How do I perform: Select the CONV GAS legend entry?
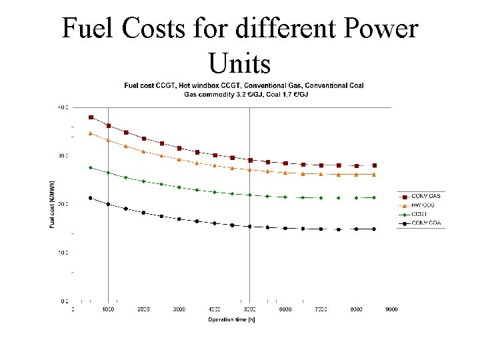coord(425,195)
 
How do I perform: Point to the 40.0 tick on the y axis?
coord(62,107)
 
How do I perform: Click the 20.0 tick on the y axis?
coord(62,204)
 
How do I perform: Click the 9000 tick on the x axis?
coord(392,309)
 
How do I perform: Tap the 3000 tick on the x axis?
coord(179,309)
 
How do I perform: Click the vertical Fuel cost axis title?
coord(52,204)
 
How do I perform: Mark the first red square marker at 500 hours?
coord(91,117)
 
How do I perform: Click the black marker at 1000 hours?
coord(108,204)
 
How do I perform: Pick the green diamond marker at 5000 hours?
coord(250,195)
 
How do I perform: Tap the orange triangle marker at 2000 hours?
coord(143,151)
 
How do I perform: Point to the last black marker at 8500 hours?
coord(374,229)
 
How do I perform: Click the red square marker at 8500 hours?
coord(374,165)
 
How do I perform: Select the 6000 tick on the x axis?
coord(285,309)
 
